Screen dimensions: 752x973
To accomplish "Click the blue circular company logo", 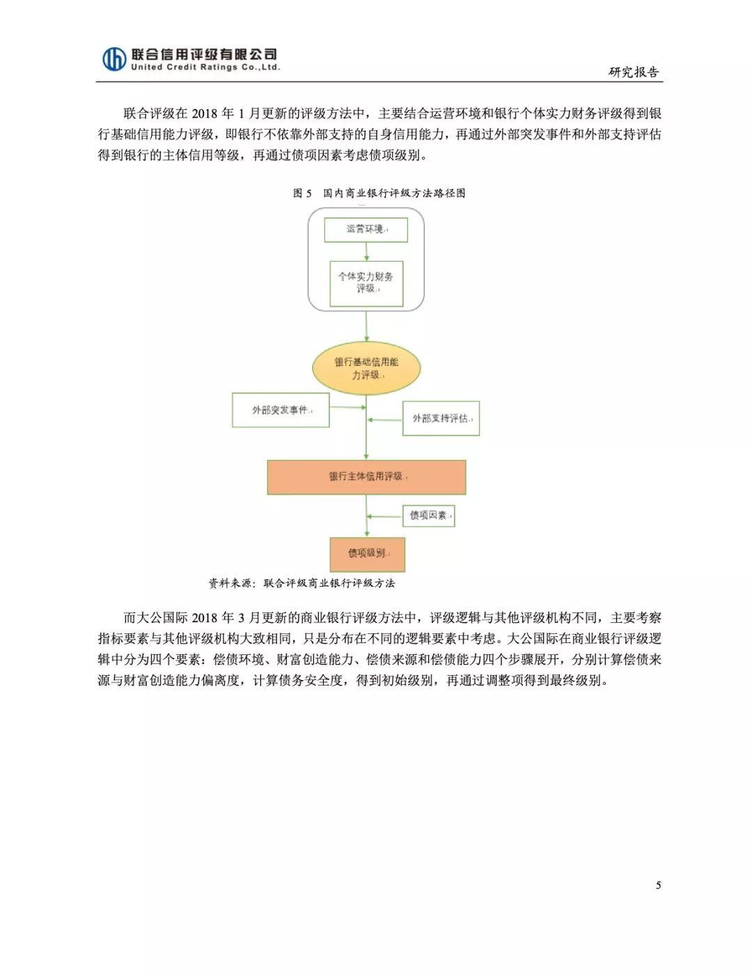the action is pos(113,58).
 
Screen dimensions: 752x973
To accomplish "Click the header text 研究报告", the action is pos(634,72).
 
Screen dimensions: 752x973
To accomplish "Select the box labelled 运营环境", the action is pos(366,230).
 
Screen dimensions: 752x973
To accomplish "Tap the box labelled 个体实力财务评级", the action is pos(366,283).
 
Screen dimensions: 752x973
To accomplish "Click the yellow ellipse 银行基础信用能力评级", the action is pos(366,368).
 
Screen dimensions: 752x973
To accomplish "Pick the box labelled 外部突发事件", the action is pos(281,410).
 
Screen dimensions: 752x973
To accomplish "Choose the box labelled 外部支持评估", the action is pos(441,418).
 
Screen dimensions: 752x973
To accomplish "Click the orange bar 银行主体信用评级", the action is pos(366,477).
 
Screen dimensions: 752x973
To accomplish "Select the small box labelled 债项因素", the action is pos(429,516).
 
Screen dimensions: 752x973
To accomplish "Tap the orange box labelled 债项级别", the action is pos(367,554).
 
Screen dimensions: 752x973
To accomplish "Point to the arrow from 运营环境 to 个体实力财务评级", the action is pos(367,252).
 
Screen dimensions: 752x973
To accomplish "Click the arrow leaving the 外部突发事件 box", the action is pos(348,407).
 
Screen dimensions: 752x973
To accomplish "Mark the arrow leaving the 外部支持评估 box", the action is pos(385,420).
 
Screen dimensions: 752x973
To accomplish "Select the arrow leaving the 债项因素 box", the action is pos(384,516).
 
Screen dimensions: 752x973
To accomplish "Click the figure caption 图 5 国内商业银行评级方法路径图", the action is pos(379,193).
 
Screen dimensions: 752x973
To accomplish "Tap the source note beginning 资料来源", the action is pos(302,583).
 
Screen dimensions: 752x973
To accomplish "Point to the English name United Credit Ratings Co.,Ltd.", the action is pos(205,68).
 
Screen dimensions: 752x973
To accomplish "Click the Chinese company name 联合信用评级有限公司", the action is pos(204,54).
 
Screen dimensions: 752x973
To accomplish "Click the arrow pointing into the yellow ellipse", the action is pos(366,326).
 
